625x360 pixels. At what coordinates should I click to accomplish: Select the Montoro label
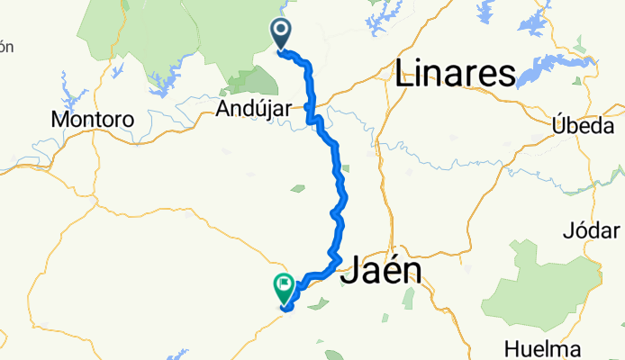click(x=93, y=119)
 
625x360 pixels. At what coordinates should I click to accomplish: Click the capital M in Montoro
click(x=61, y=119)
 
